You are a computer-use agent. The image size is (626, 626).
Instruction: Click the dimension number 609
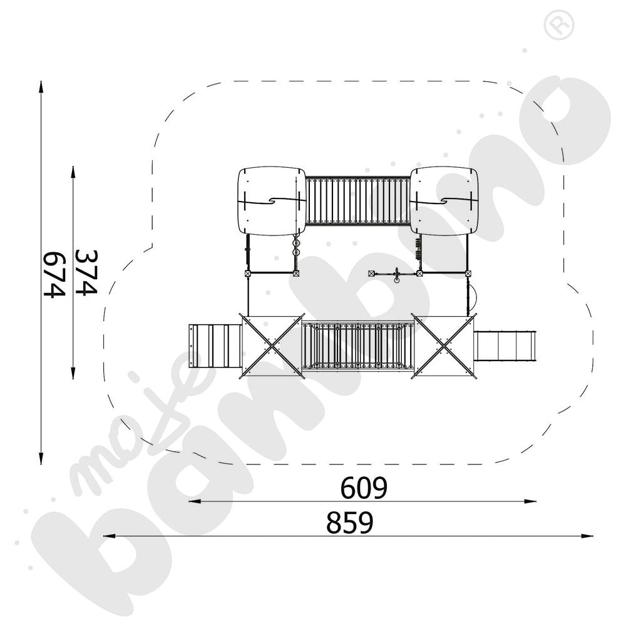tap(364, 488)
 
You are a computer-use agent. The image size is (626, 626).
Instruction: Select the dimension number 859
tap(349, 523)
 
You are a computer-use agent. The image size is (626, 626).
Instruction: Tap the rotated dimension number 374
tap(86, 272)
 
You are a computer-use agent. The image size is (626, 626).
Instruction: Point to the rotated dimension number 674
tap(54, 274)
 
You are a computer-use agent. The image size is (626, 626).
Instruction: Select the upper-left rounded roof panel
tap(270, 200)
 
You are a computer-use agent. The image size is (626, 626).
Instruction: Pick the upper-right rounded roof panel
tap(444, 200)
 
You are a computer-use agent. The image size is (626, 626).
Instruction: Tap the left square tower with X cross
tap(271, 345)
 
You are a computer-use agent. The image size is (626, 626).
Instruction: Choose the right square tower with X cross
tap(444, 345)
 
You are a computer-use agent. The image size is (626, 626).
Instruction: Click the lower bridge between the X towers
tap(357, 346)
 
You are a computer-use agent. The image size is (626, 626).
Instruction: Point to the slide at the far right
tap(506, 346)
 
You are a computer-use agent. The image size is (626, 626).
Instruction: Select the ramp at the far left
tap(215, 346)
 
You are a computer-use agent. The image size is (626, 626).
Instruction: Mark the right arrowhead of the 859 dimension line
tap(588, 536)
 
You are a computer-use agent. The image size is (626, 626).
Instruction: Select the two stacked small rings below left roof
tap(296, 248)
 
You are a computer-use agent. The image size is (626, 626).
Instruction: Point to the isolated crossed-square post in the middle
tap(371, 274)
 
